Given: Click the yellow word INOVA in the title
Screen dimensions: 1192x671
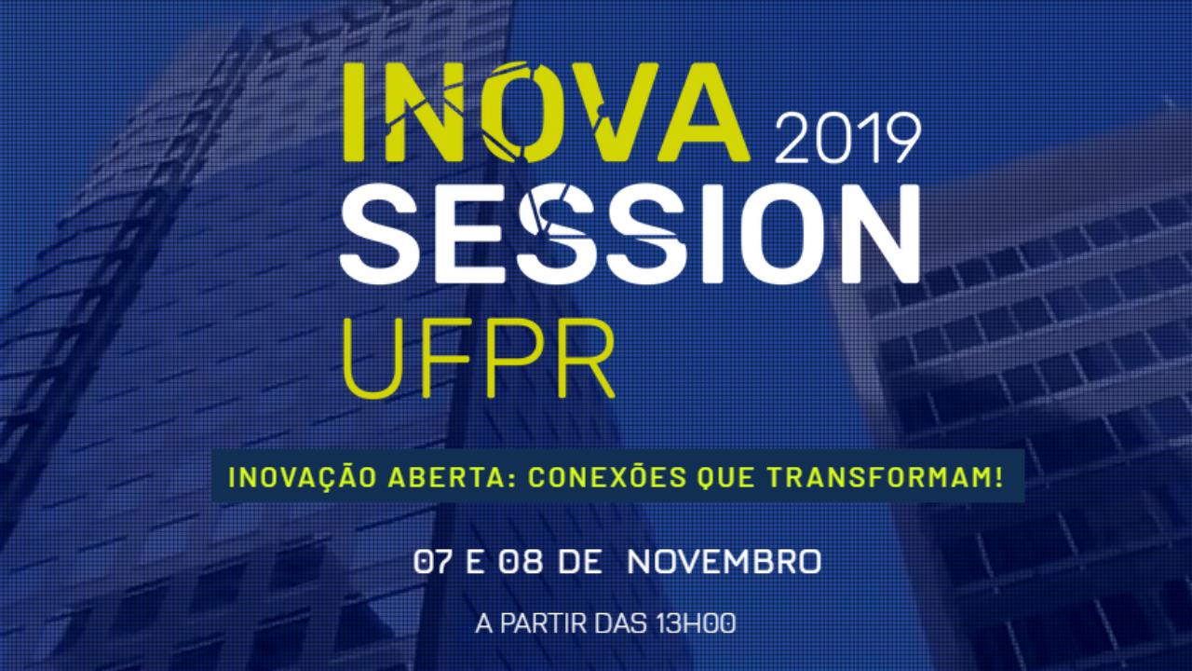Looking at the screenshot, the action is pos(547,112).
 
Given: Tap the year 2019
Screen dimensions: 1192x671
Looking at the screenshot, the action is pos(847,139).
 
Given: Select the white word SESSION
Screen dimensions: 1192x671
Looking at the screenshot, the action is pos(630,233).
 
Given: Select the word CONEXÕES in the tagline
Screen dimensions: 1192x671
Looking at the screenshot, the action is pos(607,476).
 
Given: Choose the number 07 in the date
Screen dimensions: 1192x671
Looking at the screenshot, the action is pos(434,562).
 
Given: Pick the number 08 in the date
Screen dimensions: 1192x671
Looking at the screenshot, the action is pos(520,562).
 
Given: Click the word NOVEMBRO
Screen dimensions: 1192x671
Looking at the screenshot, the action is pos(725,562).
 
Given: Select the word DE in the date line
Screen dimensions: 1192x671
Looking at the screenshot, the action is pos(580,562).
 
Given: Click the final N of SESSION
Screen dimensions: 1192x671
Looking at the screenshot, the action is pos(881,233).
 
